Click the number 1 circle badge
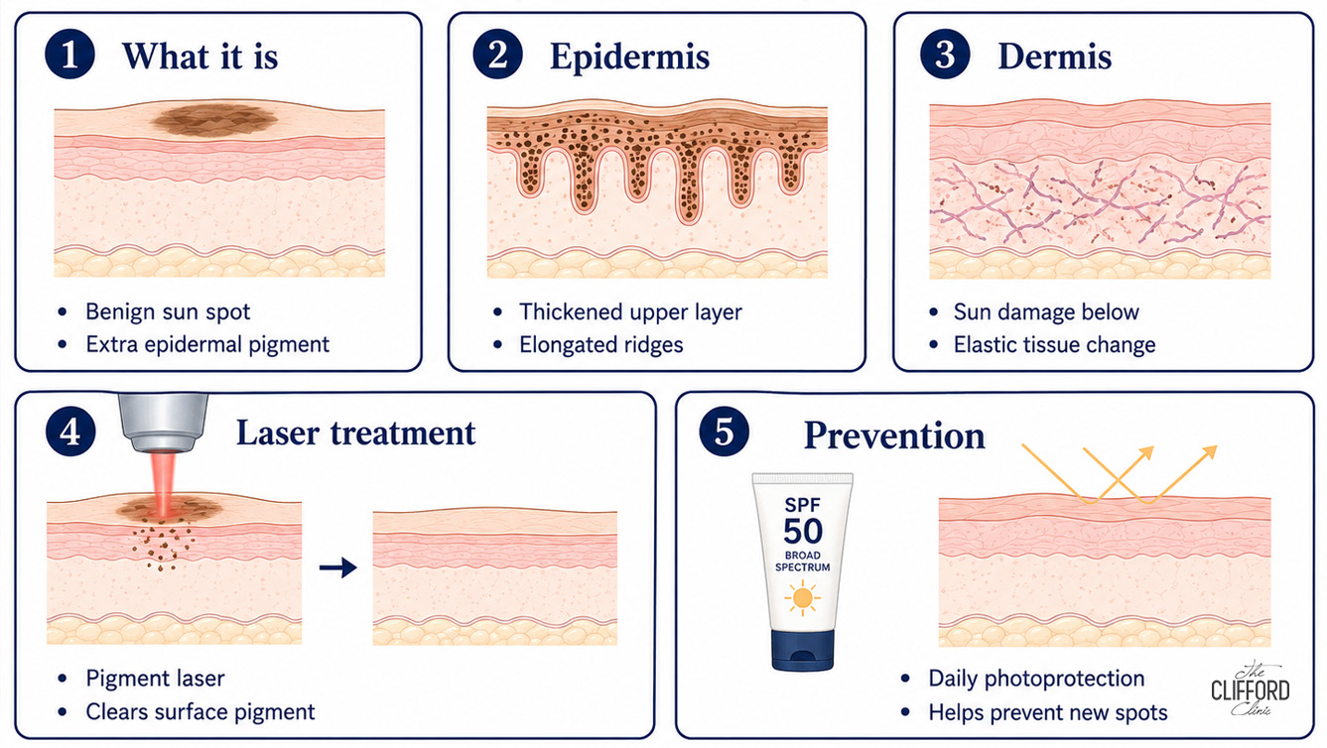pyautogui.click(x=69, y=54)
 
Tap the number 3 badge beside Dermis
pyautogui.click(x=945, y=54)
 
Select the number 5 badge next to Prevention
pyautogui.click(x=724, y=431)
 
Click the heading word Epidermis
pyautogui.click(x=629, y=58)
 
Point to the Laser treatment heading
pyautogui.click(x=355, y=433)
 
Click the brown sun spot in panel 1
pyautogui.click(x=215, y=120)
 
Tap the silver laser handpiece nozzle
pyautogui.click(x=164, y=423)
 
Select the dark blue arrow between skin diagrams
pyautogui.click(x=337, y=567)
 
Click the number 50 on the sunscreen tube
pyautogui.click(x=803, y=531)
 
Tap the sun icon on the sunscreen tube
pyautogui.click(x=802, y=597)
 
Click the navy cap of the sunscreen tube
pyautogui.click(x=803, y=650)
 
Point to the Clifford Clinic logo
pyautogui.click(x=1250, y=689)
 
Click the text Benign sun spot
pyautogui.click(x=168, y=312)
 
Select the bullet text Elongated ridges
pyautogui.click(x=600, y=344)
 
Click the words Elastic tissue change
pyautogui.click(x=1054, y=344)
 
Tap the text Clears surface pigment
pyautogui.click(x=200, y=712)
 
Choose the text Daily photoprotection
pyautogui.click(x=1036, y=679)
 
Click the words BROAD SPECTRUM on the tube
pyautogui.click(x=803, y=561)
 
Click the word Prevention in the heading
pyautogui.click(x=894, y=436)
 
